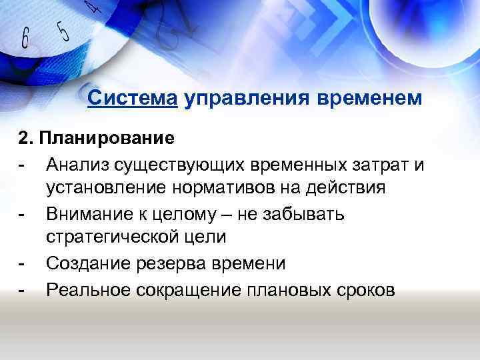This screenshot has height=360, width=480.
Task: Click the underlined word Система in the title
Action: point(132,99)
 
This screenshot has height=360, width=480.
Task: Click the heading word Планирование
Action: point(107,139)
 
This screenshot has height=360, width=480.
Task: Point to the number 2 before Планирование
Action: point(23,139)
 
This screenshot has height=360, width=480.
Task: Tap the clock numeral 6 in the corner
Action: point(25,38)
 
